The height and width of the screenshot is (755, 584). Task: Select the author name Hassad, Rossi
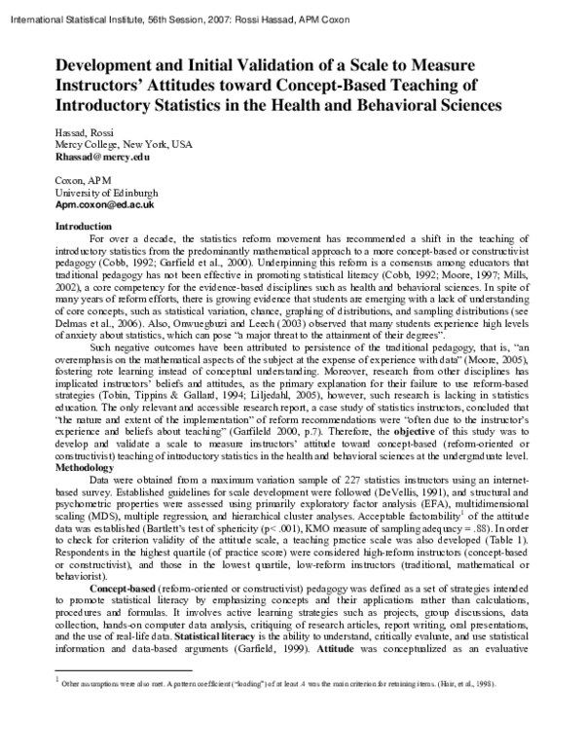[85, 131]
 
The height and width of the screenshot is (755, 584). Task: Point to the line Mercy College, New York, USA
[124, 143]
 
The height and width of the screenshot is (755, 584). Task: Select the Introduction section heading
[85, 226]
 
